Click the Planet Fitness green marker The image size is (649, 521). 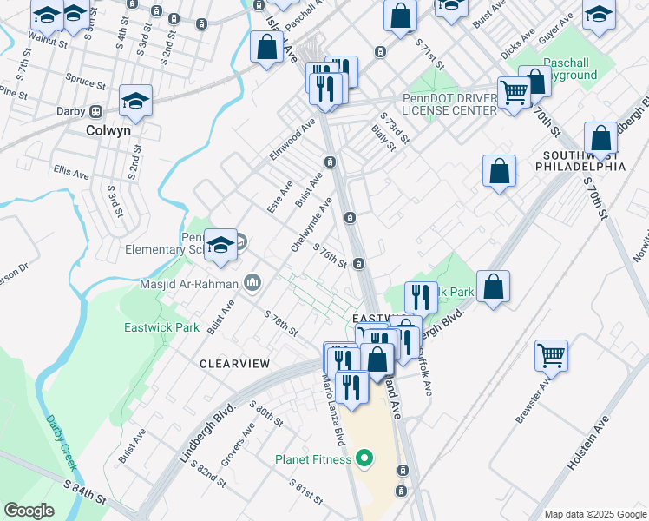[364, 459]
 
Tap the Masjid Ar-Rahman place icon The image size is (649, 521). [253, 283]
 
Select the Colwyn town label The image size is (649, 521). [108, 131]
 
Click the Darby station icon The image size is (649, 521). [95, 111]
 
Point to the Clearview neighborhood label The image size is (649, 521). [234, 364]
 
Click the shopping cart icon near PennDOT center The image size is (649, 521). [515, 90]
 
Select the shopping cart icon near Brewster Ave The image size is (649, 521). [551, 354]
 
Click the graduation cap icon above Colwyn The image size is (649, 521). [136, 101]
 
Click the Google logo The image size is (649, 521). [29, 511]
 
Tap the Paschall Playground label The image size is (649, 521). [570, 69]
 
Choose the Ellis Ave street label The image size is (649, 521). [71, 172]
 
